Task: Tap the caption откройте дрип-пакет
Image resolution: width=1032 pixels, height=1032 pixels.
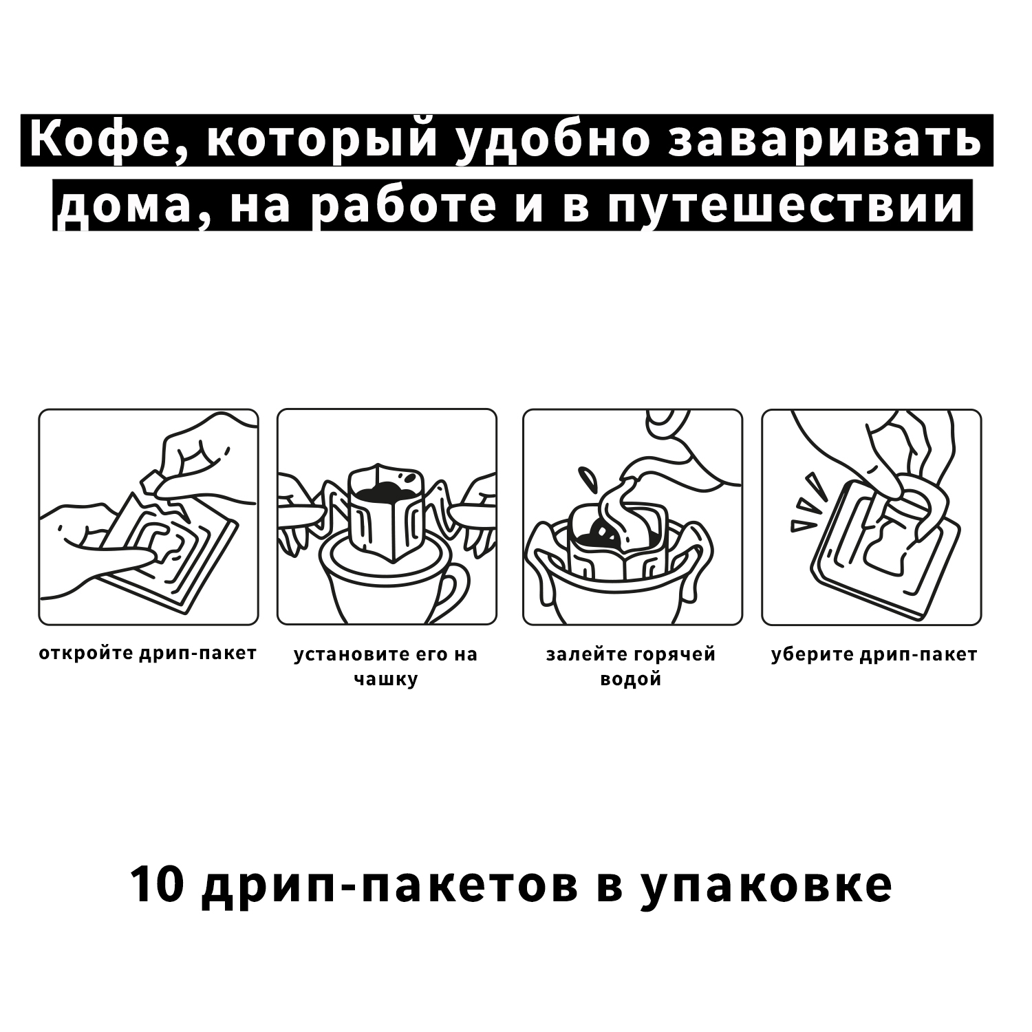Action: (148, 654)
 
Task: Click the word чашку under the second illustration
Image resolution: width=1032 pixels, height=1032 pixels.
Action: (386, 680)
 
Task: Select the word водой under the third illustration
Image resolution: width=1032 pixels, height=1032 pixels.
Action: (631, 680)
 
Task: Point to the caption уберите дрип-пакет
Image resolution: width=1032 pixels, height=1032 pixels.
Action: (874, 654)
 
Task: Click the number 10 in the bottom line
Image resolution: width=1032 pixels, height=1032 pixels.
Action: (156, 885)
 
